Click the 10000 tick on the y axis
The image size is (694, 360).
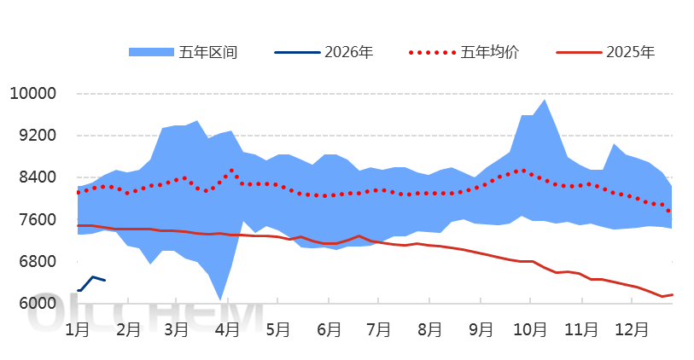(x=32, y=94)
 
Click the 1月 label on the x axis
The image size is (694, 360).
(x=78, y=328)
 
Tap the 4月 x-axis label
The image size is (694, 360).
(x=227, y=328)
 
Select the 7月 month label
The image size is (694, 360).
(x=378, y=328)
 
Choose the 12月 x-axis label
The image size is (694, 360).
(x=633, y=328)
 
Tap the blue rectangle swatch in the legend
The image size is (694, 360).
(x=151, y=52)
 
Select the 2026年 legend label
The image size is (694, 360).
(x=349, y=52)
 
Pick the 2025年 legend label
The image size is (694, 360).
(x=631, y=52)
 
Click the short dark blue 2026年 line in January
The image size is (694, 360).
(x=92, y=277)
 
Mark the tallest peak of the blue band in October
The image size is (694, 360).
(x=545, y=100)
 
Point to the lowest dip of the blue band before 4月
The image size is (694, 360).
(x=220, y=299)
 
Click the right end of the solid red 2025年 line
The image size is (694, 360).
(x=672, y=294)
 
